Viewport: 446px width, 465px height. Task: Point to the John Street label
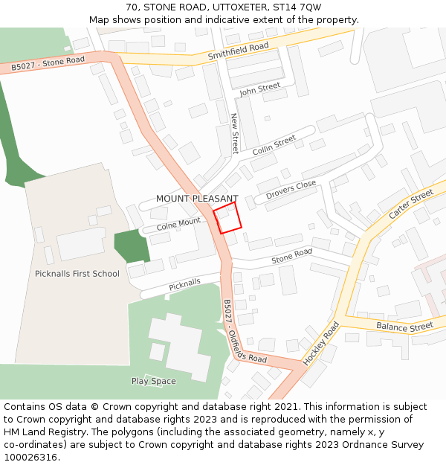coord(259,89)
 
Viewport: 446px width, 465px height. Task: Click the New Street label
coord(235,133)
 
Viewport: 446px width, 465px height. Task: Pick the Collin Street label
coord(274,145)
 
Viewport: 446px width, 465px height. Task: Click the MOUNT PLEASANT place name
coord(196,199)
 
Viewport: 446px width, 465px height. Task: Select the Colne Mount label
coord(178,222)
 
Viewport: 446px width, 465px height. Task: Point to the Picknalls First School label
coord(77,274)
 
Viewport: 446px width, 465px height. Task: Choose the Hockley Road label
coord(320,343)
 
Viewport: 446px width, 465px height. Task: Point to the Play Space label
coord(154,382)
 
